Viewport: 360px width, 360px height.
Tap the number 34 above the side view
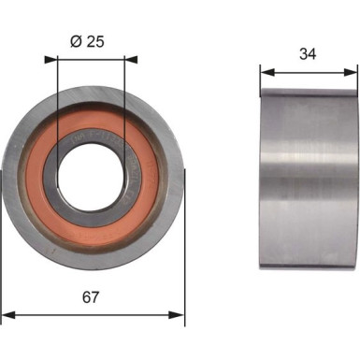[x=308, y=53]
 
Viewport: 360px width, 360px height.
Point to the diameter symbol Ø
[x=77, y=40]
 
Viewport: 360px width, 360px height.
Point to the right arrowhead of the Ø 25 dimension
[x=123, y=59]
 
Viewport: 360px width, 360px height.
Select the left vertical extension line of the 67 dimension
[x=3, y=271]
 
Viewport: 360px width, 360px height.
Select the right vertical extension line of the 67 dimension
[x=184, y=271]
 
